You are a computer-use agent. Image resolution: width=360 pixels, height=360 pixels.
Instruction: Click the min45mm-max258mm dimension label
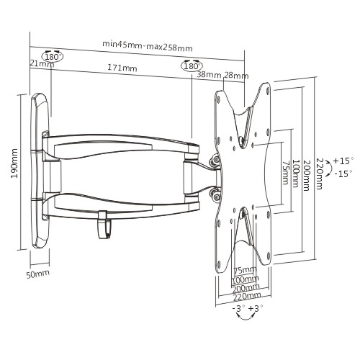pos(148,46)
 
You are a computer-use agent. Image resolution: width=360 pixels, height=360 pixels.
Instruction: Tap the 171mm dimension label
pos(122,68)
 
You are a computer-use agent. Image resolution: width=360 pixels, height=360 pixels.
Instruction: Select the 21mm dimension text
pos(42,63)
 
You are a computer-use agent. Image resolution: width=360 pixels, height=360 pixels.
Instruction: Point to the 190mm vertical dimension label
pos(14,163)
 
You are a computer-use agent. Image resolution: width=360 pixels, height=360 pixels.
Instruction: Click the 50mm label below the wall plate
pos(38,274)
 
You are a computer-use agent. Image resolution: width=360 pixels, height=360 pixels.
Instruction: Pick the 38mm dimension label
pos(209,75)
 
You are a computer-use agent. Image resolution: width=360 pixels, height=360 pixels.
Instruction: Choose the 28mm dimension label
pos(236,76)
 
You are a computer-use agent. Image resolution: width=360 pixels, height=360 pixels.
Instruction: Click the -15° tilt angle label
pos(343,174)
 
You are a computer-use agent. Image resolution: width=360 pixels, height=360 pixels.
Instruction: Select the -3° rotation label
pos(238,308)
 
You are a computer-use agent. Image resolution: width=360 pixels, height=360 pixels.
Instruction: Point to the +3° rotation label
pos(256,308)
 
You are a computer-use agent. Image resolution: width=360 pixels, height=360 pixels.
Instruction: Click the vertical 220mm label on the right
pos(319,174)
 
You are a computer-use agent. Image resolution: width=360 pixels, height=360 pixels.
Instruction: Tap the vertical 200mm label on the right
pos(306,175)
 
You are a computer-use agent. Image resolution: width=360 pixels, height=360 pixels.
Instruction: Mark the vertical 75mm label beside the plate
pos(285,173)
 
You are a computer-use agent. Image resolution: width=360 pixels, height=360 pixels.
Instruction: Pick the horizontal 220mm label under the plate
pos(247,297)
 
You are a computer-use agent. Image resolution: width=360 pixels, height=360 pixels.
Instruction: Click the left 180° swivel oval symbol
pos(52,56)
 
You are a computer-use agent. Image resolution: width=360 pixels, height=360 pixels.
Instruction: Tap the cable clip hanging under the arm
pos(104,225)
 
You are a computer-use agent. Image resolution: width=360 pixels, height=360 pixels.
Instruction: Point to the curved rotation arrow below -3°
pos(246,318)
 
